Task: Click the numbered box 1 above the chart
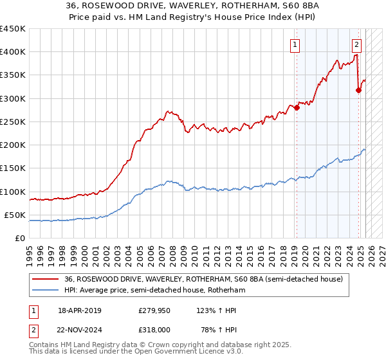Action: [x=295, y=44]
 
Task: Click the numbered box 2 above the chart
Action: [x=356, y=44]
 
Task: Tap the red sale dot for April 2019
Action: [x=297, y=108]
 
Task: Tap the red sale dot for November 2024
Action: [x=358, y=90]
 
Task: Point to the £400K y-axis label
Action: [x=13, y=52]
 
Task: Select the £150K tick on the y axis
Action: [x=13, y=168]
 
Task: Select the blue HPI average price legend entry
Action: [x=154, y=290]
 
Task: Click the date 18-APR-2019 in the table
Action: [x=80, y=310]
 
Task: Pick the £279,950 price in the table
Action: [x=153, y=310]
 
